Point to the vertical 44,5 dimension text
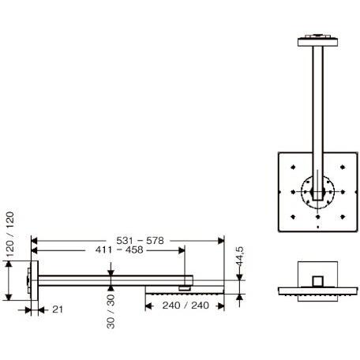point(238,261)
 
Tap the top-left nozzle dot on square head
point(294,167)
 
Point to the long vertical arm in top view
point(316,111)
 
